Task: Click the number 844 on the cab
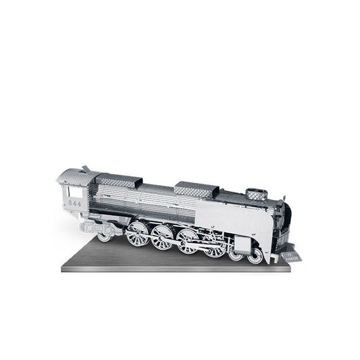pos(75,203)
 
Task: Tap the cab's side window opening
pos(75,192)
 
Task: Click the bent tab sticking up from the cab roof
pos(86,169)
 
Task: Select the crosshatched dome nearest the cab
pos(118,180)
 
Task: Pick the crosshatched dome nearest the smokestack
pos(197,190)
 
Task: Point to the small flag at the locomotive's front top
pos(284,199)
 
